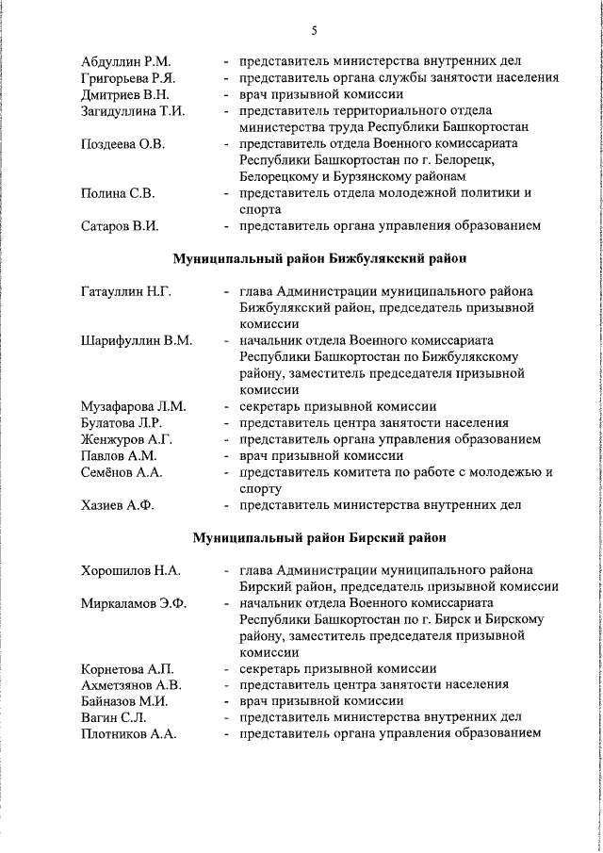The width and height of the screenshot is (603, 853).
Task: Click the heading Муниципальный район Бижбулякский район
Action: pos(319,257)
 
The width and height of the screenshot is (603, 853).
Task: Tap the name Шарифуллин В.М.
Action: pos(137,340)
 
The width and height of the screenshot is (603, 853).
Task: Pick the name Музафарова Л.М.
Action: pos(134,406)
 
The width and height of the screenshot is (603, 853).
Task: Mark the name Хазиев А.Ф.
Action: pos(118,505)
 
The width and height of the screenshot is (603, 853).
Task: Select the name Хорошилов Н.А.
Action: pos(131,570)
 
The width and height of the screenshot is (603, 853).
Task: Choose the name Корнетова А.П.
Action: pos(128,669)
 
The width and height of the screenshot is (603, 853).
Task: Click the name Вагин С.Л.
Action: pos(113,717)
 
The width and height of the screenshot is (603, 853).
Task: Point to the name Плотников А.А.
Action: pos(129,733)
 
